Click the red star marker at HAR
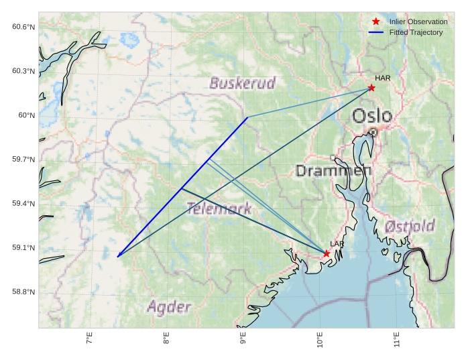(371, 88)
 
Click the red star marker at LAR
(327, 253)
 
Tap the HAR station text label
(383, 78)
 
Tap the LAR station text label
(337, 245)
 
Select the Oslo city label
(372, 115)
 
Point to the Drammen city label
(334, 171)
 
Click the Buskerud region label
(243, 83)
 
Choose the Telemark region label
(219, 208)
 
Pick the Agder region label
(169, 308)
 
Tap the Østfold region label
(410, 226)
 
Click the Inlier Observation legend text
(418, 22)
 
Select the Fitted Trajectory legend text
(416, 33)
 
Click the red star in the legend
(376, 22)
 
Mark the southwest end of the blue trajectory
(118, 257)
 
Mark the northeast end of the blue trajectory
(247, 117)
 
